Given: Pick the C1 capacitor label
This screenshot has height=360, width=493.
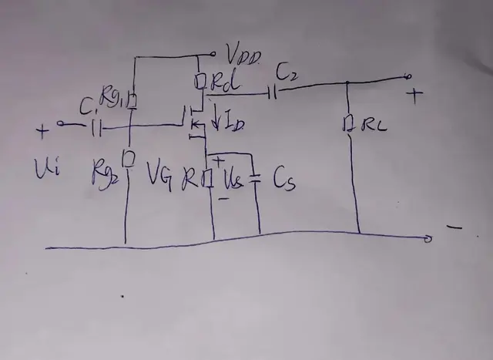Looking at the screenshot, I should click(x=87, y=108).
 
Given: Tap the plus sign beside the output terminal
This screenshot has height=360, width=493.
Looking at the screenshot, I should click(x=417, y=96).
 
